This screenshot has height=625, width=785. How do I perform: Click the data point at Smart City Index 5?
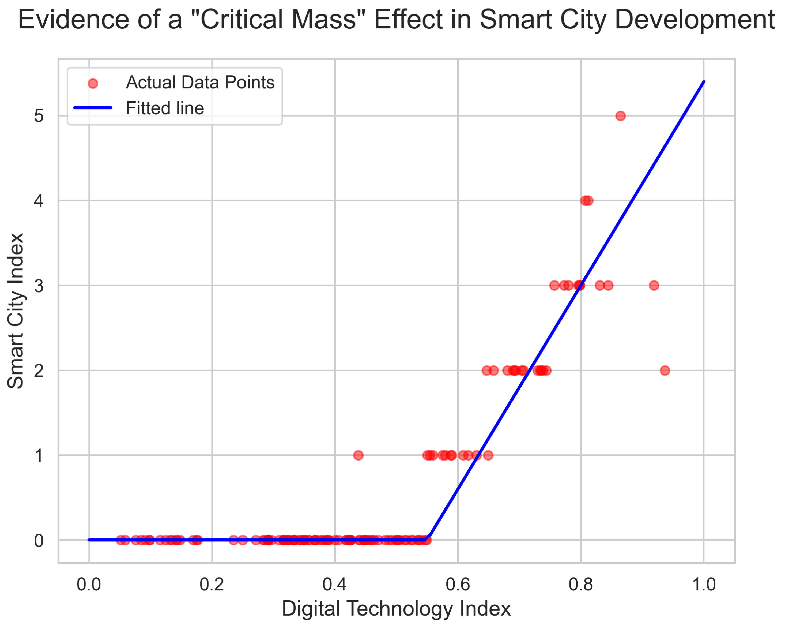[x=620, y=116]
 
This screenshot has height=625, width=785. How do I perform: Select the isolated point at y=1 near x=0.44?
[x=358, y=455]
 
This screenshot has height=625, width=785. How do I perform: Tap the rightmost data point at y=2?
[x=665, y=370]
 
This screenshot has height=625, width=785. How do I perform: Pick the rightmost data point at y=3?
[x=654, y=285]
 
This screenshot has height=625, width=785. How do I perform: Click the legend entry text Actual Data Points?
[x=200, y=82]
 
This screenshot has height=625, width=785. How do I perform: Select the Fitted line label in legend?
[x=165, y=108]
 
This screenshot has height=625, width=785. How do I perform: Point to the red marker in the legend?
[x=93, y=83]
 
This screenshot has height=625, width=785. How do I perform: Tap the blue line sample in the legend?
[x=93, y=108]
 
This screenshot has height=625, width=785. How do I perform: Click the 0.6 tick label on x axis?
[x=458, y=585]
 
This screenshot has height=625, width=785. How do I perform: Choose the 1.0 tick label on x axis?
[x=703, y=585]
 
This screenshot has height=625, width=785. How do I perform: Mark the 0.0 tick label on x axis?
[x=89, y=585]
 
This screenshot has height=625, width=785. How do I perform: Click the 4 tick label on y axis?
[x=39, y=201]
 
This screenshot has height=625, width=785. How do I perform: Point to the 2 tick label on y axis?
[x=39, y=371]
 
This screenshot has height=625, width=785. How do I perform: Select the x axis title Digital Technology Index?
[x=396, y=609]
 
